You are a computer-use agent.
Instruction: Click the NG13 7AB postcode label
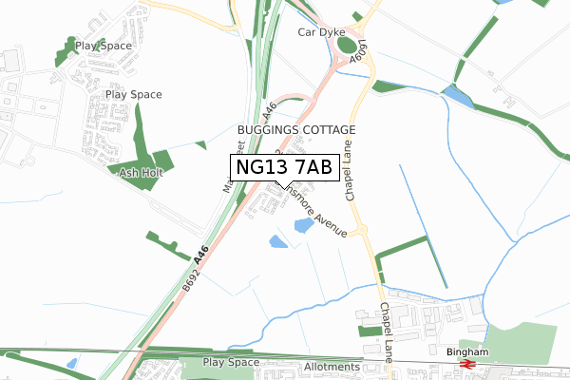(x=283, y=167)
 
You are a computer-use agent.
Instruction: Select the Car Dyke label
(x=321, y=32)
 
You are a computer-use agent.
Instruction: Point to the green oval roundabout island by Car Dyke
(x=348, y=45)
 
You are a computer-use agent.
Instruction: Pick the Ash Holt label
(x=131, y=173)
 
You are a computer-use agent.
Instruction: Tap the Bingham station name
(x=466, y=352)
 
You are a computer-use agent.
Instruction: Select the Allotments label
(x=333, y=367)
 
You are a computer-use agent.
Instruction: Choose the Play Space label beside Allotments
(x=231, y=363)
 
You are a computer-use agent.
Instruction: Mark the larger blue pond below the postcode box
(x=304, y=226)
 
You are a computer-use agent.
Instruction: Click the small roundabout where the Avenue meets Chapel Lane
(x=363, y=229)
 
